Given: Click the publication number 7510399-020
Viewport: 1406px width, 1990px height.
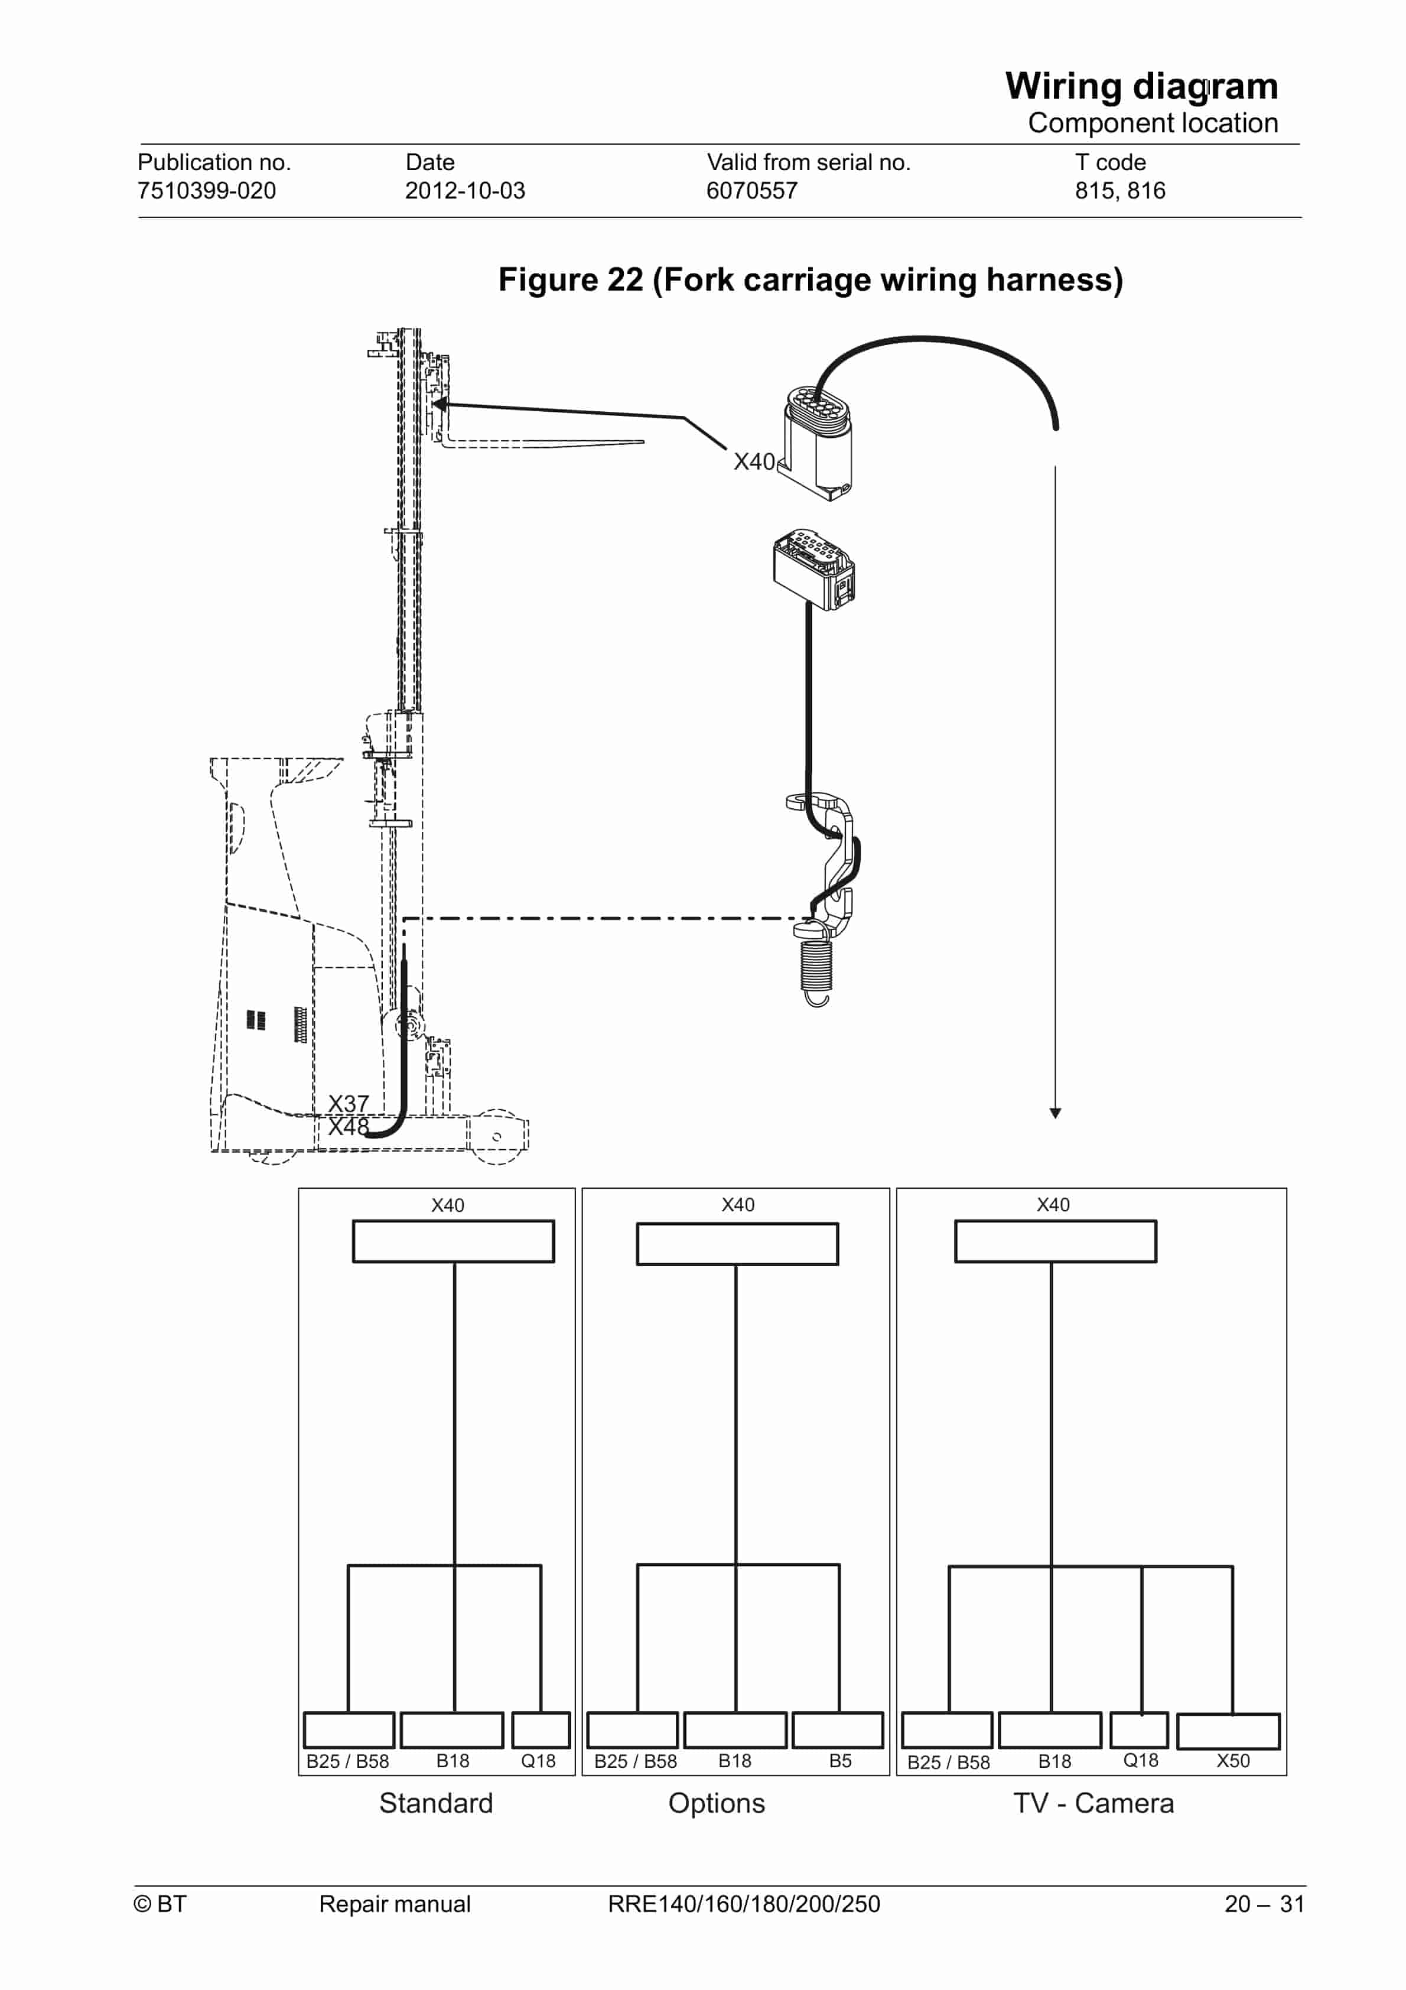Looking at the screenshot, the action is [206, 191].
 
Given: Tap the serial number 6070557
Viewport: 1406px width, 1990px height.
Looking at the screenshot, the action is [751, 191].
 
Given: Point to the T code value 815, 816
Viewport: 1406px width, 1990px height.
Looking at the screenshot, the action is [1120, 191].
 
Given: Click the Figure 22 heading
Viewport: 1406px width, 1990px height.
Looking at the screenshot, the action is [811, 280].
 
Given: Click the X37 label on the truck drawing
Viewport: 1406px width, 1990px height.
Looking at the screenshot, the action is [349, 1103].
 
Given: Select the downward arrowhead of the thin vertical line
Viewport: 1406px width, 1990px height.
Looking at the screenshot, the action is [1055, 1113].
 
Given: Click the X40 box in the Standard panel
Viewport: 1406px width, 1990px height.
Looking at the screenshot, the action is [453, 1241].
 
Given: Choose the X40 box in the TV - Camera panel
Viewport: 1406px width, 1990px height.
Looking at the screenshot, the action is [1055, 1241].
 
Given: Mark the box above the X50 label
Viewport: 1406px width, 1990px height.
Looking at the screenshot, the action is [1228, 1731].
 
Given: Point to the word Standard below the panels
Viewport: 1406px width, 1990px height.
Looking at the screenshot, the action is [436, 1803].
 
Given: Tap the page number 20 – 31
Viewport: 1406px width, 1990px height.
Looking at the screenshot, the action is [1264, 1903].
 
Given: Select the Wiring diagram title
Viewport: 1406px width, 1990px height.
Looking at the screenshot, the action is [1141, 87].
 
